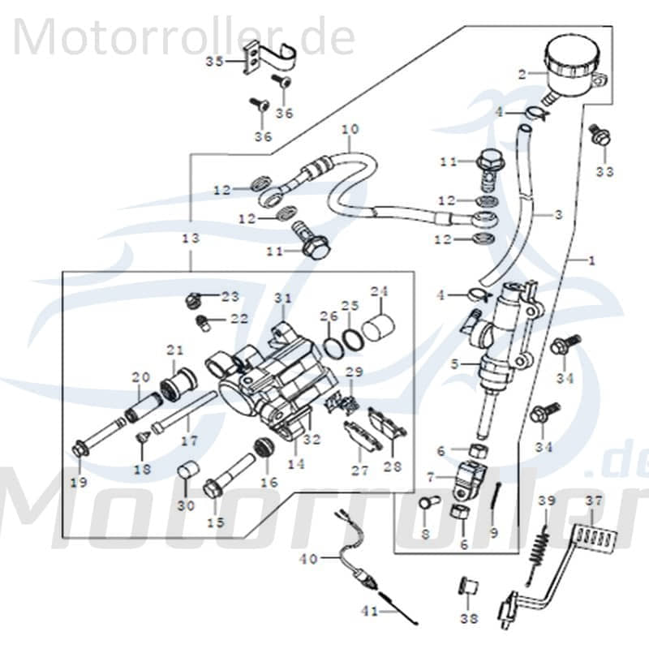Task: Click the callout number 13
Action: pyautogui.click(x=190, y=239)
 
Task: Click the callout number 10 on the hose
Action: pyautogui.click(x=350, y=129)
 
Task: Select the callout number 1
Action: pyautogui.click(x=591, y=260)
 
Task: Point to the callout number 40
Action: pyautogui.click(x=308, y=558)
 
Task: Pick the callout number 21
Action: pyautogui.click(x=175, y=350)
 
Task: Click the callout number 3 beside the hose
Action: pyautogui.click(x=558, y=215)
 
